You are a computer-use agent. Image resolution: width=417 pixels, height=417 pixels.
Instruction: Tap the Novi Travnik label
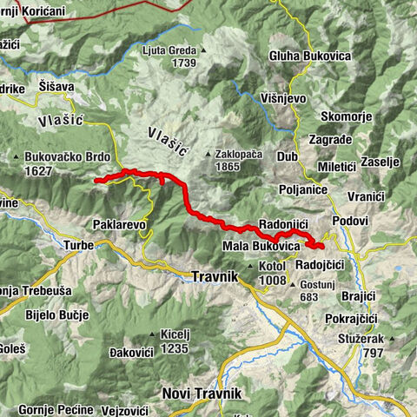click(202, 394)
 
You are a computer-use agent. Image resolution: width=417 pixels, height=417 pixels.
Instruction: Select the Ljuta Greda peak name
click(172, 50)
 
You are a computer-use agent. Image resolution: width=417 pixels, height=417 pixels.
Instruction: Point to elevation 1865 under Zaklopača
click(227, 166)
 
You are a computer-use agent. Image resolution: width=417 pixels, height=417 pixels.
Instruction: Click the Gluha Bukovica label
click(309, 56)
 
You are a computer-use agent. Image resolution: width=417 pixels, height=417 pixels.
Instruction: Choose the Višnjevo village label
click(282, 98)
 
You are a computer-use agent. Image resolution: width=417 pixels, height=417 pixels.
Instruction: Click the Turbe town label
click(78, 246)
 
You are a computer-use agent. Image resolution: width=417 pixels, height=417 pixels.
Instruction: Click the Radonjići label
click(285, 222)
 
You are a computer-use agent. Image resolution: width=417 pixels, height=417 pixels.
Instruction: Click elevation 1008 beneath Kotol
click(272, 280)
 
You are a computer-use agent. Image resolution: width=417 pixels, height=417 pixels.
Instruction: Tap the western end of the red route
click(96, 180)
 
